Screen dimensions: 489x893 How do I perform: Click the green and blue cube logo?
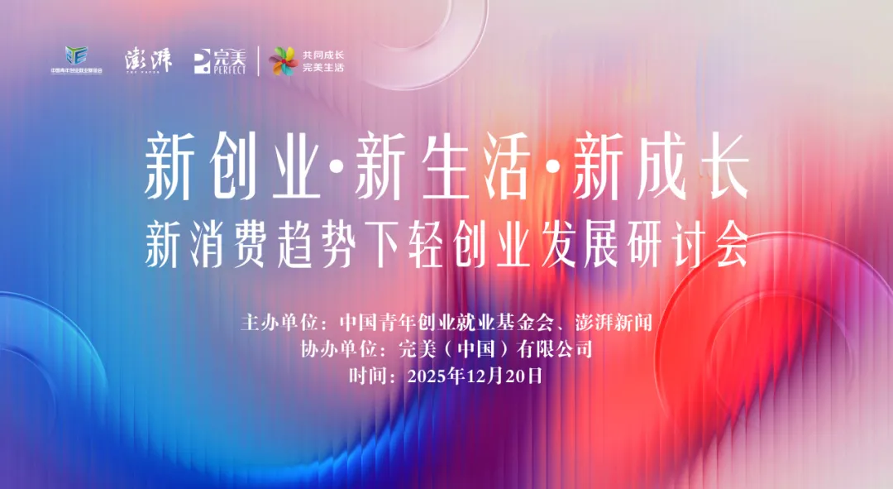point(77,55)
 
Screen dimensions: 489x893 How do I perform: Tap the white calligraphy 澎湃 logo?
point(148,60)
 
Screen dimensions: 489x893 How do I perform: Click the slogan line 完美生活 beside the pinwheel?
point(323,67)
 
